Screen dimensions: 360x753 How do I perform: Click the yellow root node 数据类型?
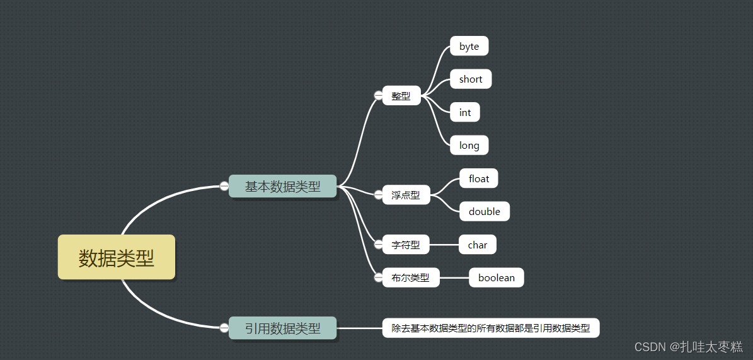tap(117, 257)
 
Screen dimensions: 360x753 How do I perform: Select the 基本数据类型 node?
tap(282, 187)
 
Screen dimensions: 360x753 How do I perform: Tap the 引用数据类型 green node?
tap(282, 328)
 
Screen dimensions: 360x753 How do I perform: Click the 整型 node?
tap(401, 96)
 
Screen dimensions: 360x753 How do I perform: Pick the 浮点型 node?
tap(406, 195)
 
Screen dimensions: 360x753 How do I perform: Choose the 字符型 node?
tap(406, 245)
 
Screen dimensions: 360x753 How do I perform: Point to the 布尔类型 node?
tap(411, 277)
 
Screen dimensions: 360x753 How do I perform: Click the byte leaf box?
tap(469, 46)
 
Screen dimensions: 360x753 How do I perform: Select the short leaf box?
tap(471, 79)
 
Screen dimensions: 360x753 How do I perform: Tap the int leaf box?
tap(465, 112)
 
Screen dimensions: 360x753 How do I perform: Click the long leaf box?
tap(469, 146)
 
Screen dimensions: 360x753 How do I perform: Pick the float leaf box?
tap(479, 178)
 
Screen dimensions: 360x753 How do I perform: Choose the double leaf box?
tap(485, 212)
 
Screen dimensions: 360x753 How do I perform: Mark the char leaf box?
tap(478, 245)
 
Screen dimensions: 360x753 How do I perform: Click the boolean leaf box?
tap(497, 277)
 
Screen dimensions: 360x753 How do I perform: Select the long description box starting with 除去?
tap(491, 328)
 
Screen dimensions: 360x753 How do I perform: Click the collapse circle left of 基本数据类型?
tap(224, 185)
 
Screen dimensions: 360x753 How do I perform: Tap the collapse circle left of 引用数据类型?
tap(224, 327)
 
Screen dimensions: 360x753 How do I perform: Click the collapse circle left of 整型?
tap(378, 95)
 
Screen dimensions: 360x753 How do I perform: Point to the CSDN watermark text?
tap(688, 347)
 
